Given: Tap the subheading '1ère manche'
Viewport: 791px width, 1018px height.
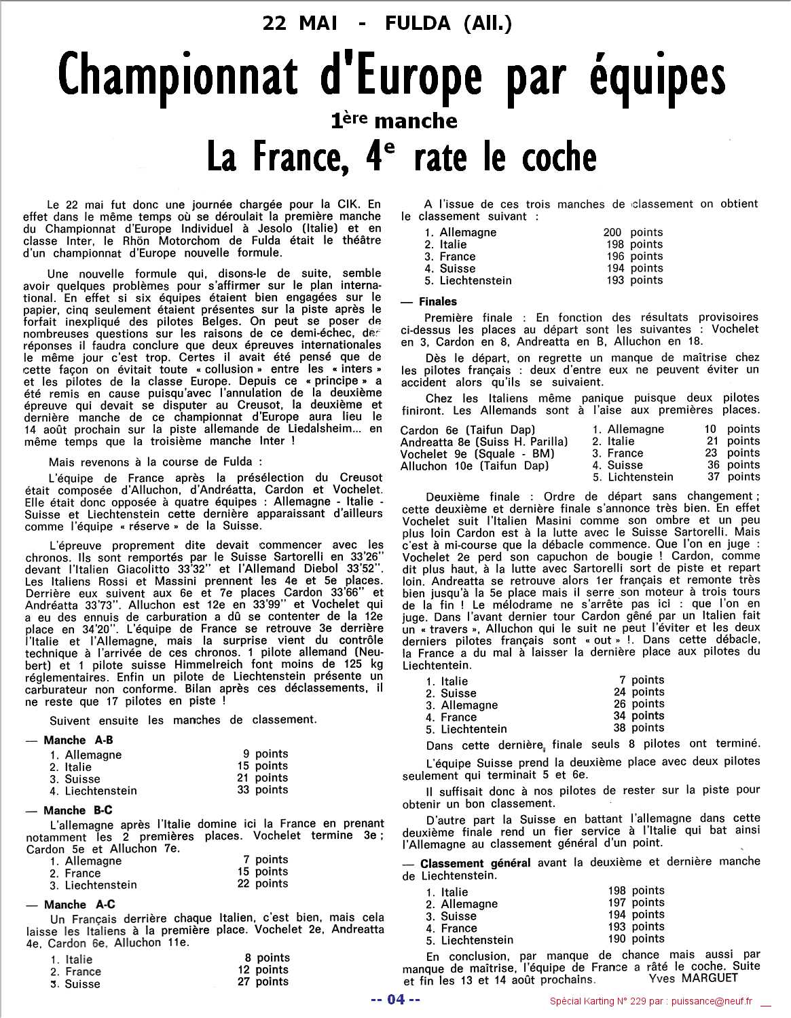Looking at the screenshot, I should pos(394,121).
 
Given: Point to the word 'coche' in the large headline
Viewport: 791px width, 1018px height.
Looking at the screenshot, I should pos(559,157).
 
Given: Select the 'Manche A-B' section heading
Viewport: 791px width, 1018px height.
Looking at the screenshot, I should pos(78,740).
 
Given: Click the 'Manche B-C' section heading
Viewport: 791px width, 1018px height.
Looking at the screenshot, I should pos(77,810).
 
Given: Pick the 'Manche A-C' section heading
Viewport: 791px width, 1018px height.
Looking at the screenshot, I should pos(79,905).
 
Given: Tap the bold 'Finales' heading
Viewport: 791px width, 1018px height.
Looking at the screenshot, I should pos(437,301).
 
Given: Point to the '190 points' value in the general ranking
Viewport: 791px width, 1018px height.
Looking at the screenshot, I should pos(636,939).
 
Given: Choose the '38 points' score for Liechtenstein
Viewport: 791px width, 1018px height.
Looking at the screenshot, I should pos(638,728).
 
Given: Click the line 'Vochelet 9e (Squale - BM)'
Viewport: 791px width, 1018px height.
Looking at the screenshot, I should pos(477,453).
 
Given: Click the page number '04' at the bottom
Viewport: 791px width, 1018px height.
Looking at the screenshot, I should pos(395,1000).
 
